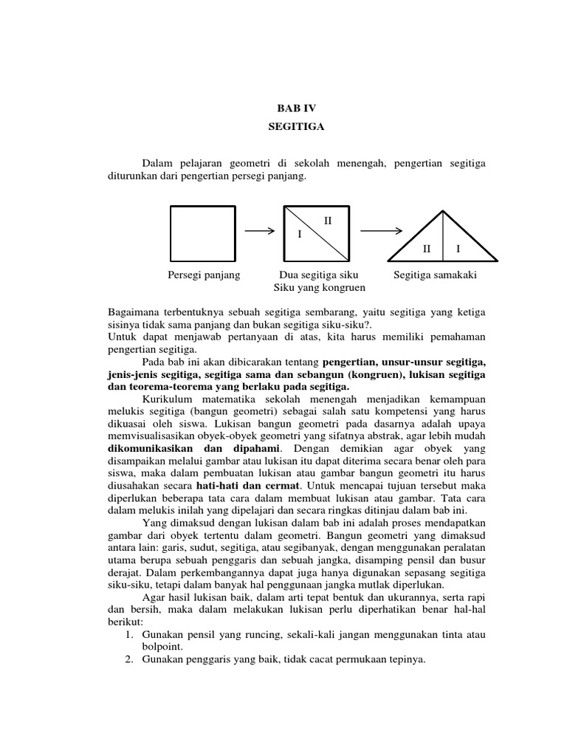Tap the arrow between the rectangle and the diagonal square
pyautogui.click(x=260, y=231)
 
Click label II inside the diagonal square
pyautogui.click(x=329, y=221)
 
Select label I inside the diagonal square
pyautogui.click(x=300, y=235)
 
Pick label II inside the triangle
pyautogui.click(x=426, y=250)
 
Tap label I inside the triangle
pyautogui.click(x=458, y=250)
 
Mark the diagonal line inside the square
pyautogui.click(x=316, y=233)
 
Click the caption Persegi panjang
pyautogui.click(x=205, y=275)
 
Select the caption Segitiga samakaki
pyautogui.click(x=436, y=275)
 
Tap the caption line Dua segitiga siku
pyautogui.click(x=315, y=275)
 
